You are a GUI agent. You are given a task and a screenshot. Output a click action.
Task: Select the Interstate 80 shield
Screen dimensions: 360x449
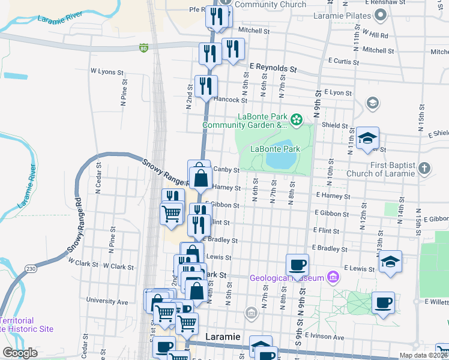(x=143, y=48)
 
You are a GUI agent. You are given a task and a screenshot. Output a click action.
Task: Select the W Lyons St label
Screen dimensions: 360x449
(x=106, y=71)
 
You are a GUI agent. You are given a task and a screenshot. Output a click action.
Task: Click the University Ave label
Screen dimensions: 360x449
(x=107, y=301)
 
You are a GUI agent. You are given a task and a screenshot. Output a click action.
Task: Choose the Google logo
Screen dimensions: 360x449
(x=20, y=353)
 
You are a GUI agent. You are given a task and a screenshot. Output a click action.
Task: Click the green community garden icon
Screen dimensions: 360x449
(x=296, y=121)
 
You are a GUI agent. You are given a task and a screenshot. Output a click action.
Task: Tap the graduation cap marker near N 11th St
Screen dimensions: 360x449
(x=367, y=138)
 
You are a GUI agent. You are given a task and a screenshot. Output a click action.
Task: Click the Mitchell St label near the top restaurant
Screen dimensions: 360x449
(x=254, y=30)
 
